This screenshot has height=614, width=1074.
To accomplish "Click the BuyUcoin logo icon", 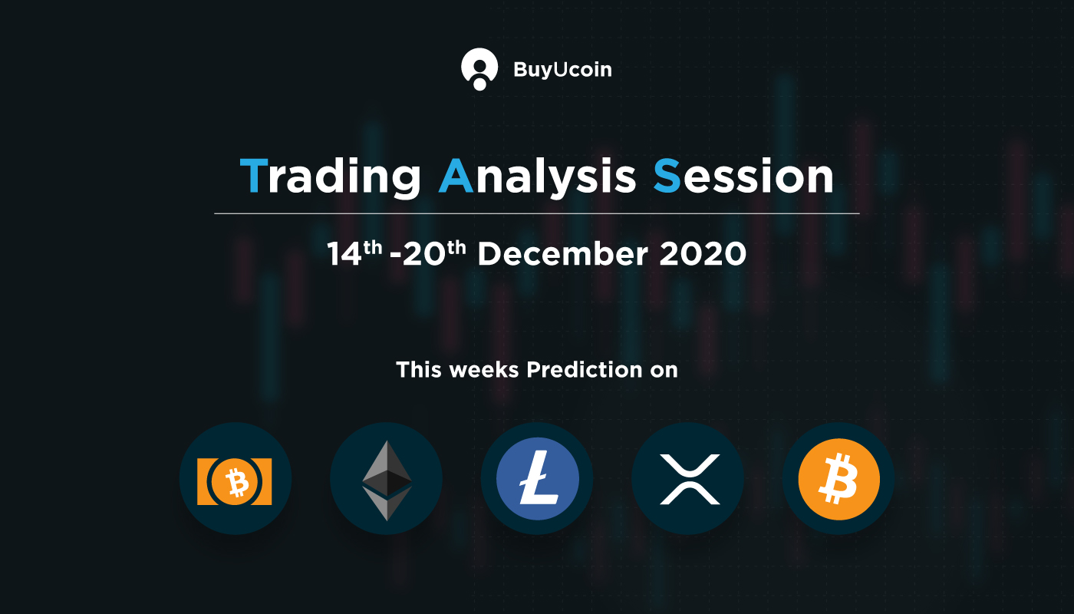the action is [479, 68].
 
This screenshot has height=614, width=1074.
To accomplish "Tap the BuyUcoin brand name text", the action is [562, 70].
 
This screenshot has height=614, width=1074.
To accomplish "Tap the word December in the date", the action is [563, 253].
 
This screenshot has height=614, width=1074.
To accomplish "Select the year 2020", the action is [703, 253].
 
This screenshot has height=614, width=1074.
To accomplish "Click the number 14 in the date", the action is [344, 254].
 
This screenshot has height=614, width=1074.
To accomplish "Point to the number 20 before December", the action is [423, 254].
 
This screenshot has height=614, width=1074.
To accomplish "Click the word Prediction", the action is [585, 370].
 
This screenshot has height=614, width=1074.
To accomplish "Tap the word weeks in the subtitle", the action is [484, 370].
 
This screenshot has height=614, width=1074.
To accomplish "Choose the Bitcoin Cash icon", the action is [235, 480].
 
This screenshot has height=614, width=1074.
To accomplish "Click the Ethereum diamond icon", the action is [387, 480].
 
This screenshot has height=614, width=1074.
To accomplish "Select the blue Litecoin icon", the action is [538, 479].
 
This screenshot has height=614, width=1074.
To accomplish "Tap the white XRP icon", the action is [690, 479].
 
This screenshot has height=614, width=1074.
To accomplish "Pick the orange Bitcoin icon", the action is [839, 479].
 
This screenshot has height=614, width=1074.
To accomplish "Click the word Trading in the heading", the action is [331, 178].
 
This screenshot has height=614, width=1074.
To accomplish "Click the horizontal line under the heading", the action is [536, 213].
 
